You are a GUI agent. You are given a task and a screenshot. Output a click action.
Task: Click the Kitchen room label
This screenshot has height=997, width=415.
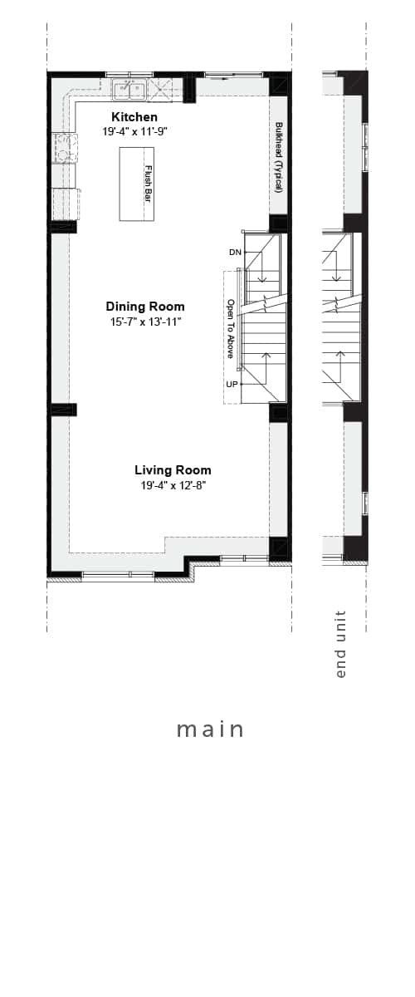point(134,117)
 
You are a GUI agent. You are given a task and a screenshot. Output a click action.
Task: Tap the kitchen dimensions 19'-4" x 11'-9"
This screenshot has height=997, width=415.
point(134,131)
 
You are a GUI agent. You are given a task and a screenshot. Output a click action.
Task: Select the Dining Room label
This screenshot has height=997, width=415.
point(145,307)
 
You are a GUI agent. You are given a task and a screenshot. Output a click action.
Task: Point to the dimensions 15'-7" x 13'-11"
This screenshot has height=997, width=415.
point(146,322)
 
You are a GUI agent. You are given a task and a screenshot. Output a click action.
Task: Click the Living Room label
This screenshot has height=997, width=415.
point(173,470)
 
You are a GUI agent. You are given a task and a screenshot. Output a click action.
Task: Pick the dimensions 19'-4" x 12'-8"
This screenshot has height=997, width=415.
point(173,485)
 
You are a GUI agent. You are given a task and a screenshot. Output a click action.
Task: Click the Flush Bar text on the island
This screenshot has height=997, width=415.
point(148,184)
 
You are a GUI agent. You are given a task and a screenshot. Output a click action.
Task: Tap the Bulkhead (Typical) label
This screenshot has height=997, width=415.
point(279,158)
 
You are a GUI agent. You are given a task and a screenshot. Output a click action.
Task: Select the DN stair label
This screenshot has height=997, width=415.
point(235,253)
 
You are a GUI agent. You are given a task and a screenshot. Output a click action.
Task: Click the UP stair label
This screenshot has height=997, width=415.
point(232,384)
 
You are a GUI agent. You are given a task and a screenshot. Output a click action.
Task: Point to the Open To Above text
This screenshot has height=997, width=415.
point(231,328)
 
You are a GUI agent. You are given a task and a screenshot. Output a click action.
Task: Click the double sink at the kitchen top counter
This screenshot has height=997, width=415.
point(129,90)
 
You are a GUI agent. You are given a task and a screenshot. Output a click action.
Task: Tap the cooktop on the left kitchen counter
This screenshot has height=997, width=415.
point(65,148)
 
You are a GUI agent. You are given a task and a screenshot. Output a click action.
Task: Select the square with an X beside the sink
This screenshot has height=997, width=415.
point(159,89)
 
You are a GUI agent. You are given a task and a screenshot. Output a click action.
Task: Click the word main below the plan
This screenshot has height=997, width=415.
point(210,729)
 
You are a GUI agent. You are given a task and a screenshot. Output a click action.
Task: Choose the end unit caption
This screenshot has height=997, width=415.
point(341,644)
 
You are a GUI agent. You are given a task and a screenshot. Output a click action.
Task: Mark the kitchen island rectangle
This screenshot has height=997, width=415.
point(137,184)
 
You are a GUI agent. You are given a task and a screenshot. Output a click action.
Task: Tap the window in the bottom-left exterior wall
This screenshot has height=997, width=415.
point(118,576)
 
